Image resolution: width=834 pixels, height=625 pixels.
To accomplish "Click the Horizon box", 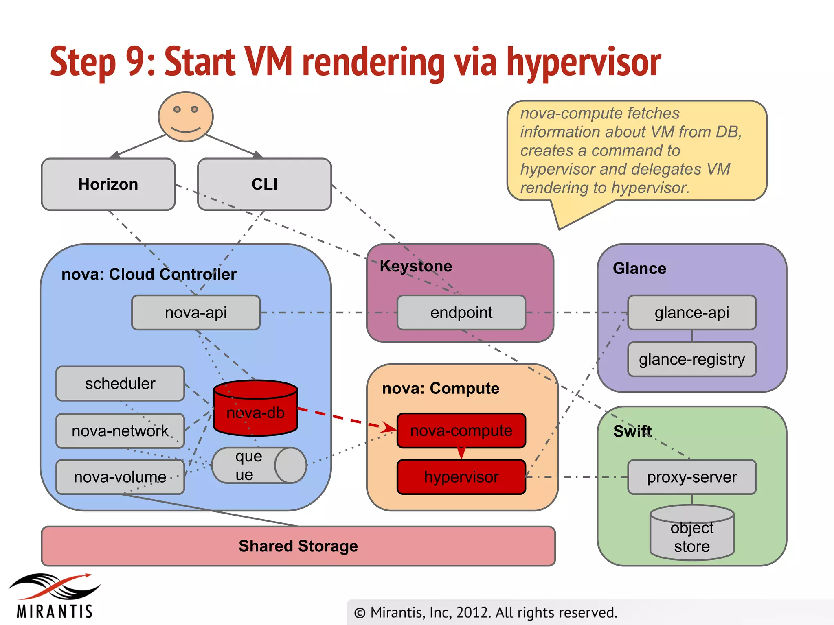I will (108, 184).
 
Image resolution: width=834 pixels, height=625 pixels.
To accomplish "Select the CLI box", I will (264, 184).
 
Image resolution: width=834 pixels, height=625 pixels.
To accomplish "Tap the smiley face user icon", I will (186, 117).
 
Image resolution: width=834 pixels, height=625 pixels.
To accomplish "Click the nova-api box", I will (196, 312).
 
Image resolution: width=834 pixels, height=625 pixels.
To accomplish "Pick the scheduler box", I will (120, 384).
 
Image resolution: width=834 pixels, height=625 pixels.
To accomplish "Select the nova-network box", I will (120, 431).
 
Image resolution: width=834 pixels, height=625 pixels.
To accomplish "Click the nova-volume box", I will (120, 477).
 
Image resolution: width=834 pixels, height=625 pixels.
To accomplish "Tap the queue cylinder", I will (259, 465).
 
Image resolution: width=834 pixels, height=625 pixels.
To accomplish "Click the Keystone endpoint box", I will (461, 312).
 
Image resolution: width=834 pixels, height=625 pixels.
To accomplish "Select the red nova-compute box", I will (461, 431).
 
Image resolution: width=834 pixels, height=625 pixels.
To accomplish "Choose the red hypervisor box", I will (461, 477).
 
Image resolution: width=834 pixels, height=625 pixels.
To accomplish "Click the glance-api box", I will (692, 312).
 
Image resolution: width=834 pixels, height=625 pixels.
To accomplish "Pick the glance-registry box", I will (692, 359).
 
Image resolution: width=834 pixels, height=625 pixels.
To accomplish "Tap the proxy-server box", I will (692, 477).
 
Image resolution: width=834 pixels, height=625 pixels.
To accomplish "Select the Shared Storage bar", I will (298, 546).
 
